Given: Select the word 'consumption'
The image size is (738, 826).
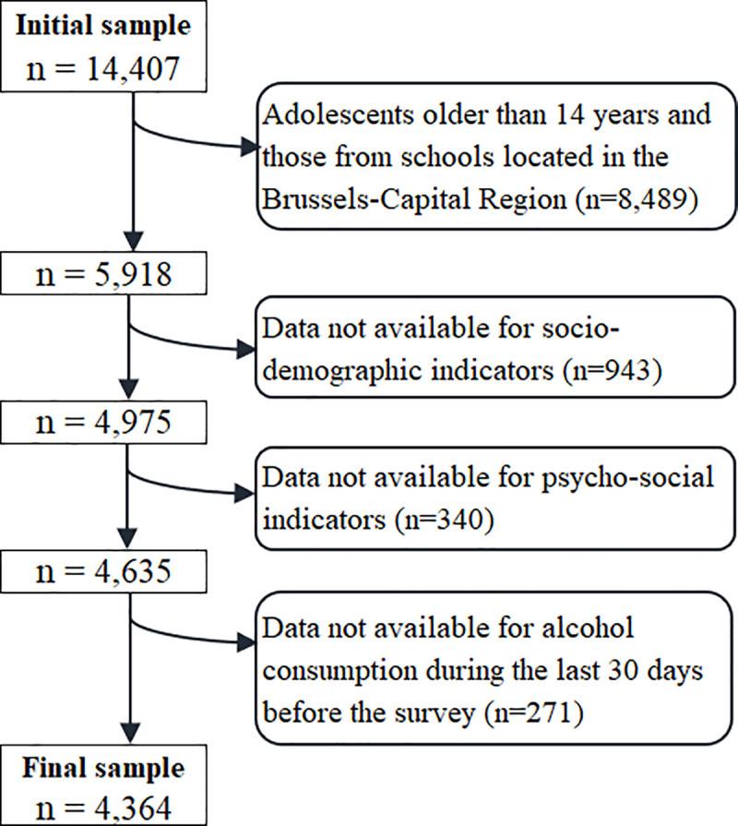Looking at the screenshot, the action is [331, 673].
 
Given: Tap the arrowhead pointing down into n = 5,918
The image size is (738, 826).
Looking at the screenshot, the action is [134, 246].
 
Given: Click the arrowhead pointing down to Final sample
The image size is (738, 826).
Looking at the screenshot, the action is [134, 741].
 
